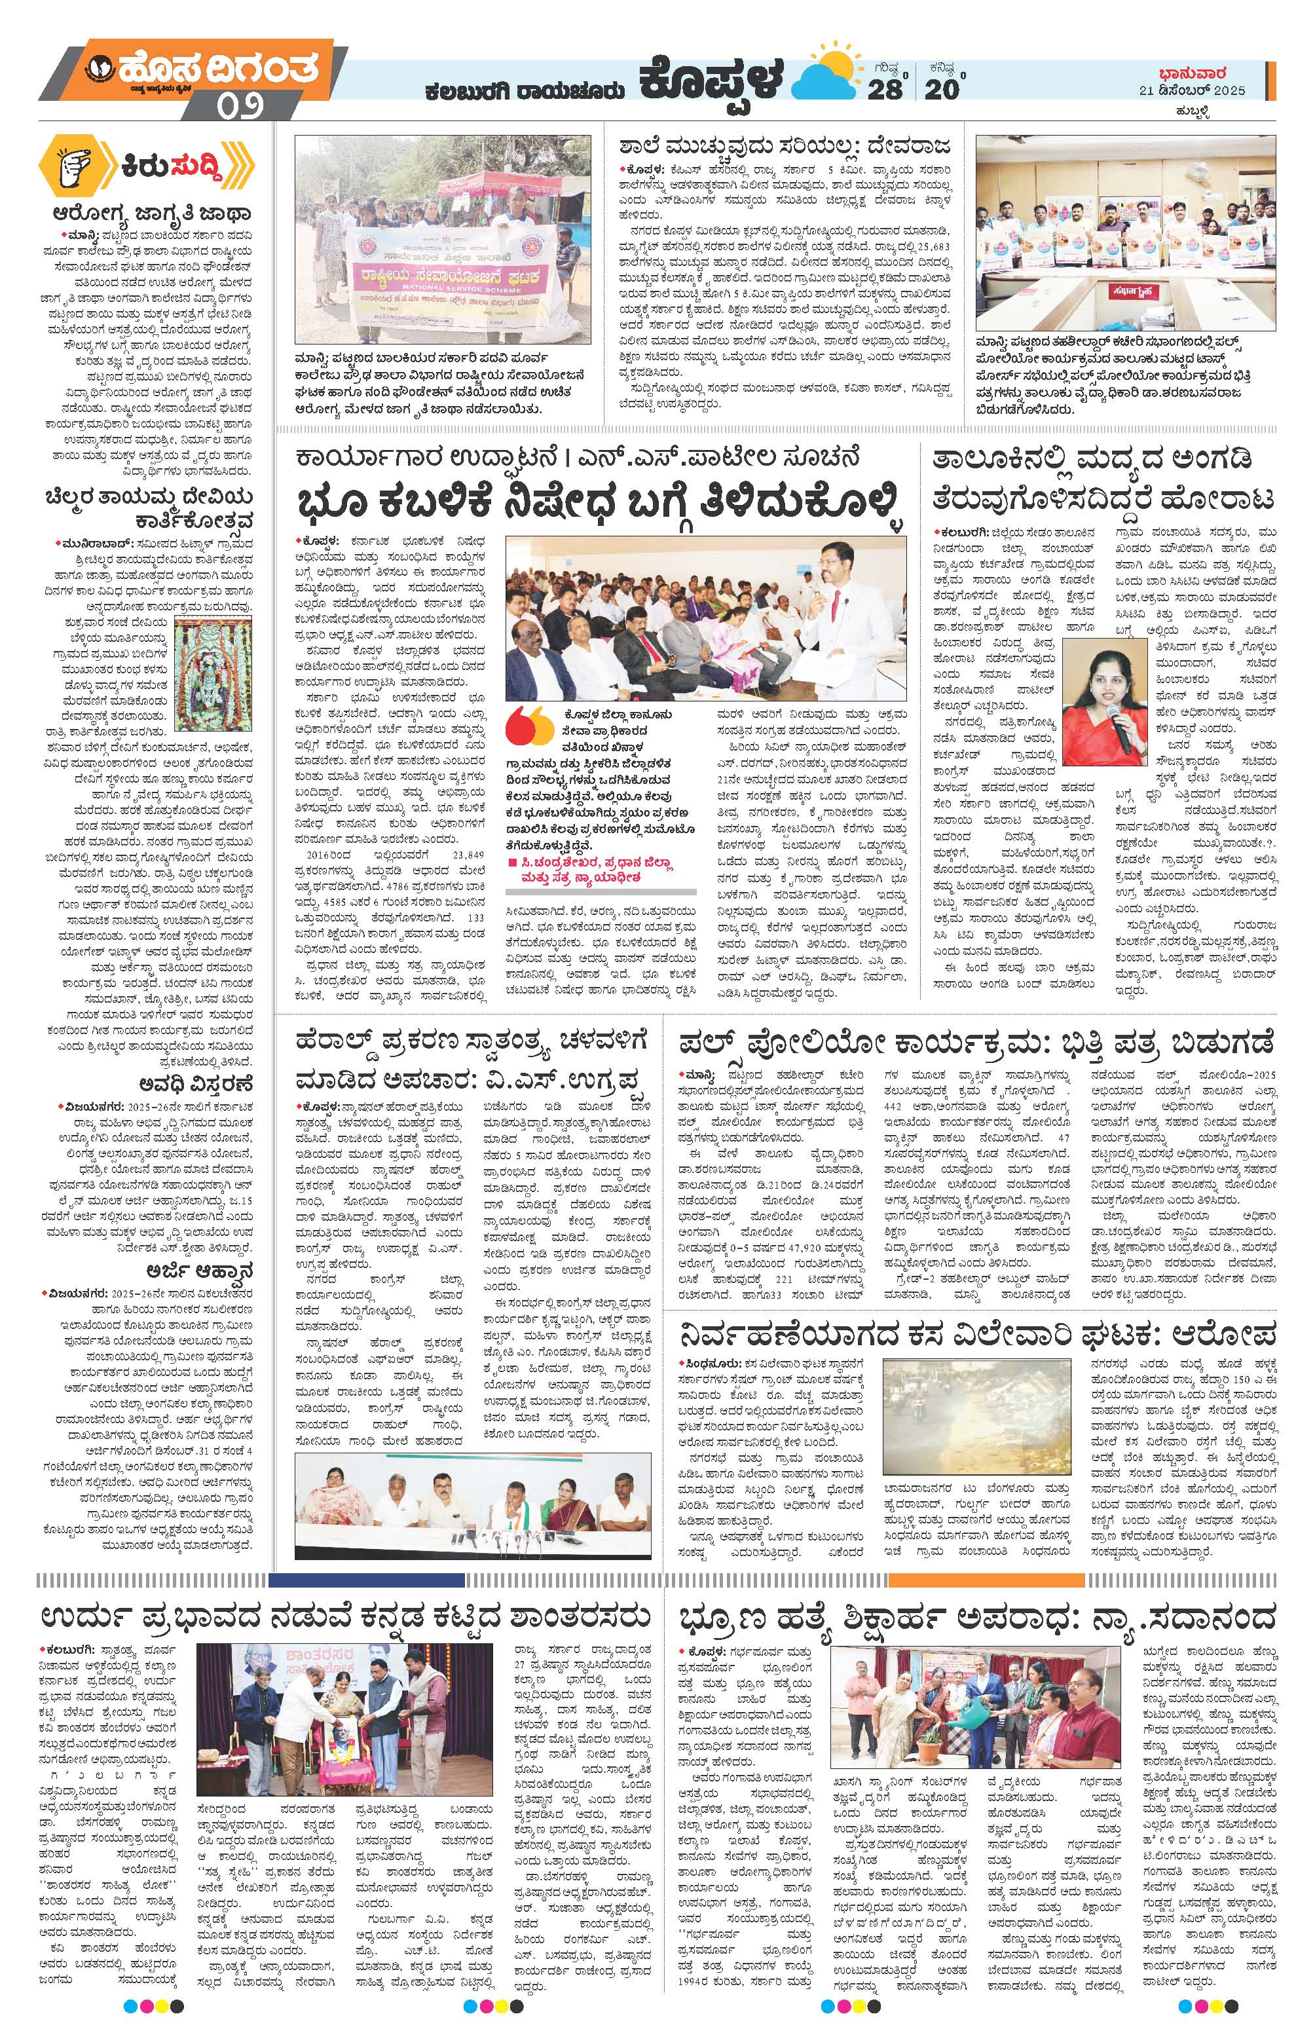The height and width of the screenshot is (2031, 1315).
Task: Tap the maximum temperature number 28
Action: [885, 88]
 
